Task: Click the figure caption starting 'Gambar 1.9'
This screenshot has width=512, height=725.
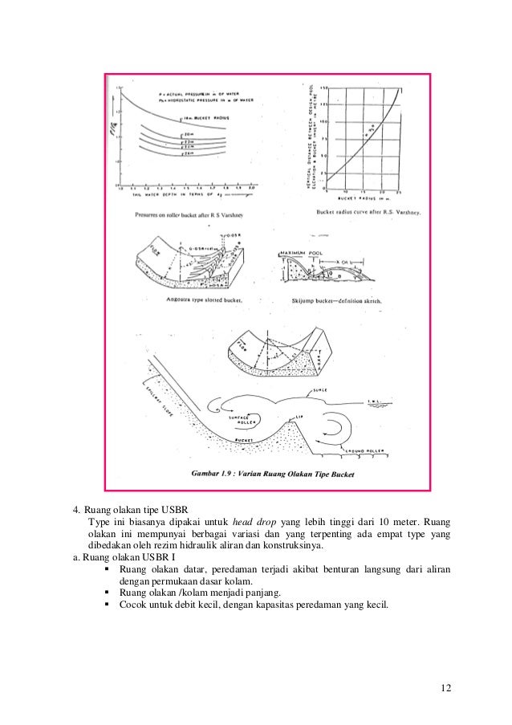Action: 274,475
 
